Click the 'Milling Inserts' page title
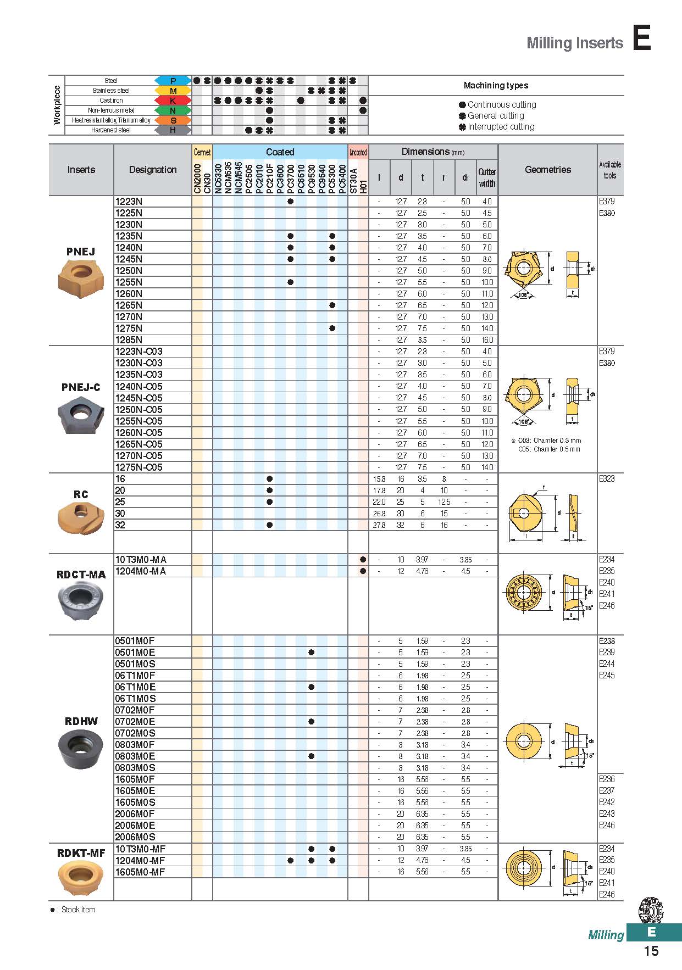(574, 43)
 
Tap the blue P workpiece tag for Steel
(173, 81)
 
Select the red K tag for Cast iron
(173, 101)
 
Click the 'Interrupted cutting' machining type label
(501, 127)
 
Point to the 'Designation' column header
(153, 170)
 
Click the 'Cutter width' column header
(487, 178)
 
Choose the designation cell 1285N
(129, 340)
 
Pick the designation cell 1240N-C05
(138, 386)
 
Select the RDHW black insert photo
(81, 749)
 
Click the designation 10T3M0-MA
(141, 560)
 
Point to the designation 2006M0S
(135, 837)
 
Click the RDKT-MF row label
(81, 853)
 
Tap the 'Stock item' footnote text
(78, 910)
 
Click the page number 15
(651, 951)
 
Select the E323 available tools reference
(607, 479)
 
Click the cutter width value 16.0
(487, 340)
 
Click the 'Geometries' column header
(547, 170)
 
